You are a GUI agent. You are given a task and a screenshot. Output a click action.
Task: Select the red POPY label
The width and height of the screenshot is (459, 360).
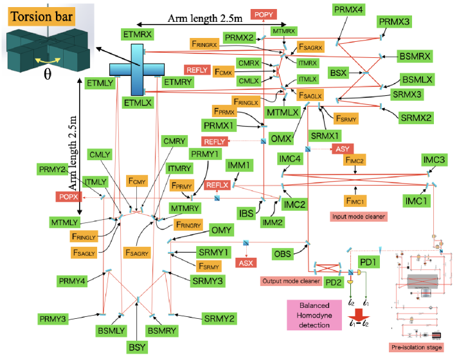tap(262, 14)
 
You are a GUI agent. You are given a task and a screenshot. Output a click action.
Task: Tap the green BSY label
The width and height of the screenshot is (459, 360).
tap(138, 348)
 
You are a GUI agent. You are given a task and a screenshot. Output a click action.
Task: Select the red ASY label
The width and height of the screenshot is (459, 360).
tap(341, 148)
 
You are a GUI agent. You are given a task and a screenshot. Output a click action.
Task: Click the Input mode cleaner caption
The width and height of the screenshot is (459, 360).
tap(357, 217)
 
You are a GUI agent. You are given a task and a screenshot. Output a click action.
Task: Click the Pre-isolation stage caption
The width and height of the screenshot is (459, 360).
tap(417, 348)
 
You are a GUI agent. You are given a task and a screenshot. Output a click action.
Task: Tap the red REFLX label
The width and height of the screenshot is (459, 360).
tap(217, 185)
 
